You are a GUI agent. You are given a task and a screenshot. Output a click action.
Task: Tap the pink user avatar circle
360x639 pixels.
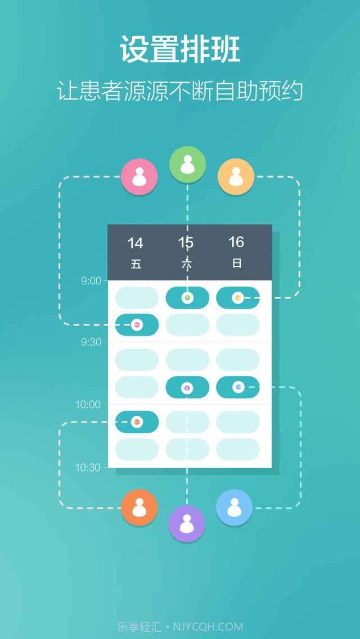(x=139, y=177)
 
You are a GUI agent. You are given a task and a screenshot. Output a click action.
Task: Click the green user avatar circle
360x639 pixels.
(x=187, y=164)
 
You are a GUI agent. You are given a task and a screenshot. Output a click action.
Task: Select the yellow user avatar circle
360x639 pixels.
(x=236, y=177)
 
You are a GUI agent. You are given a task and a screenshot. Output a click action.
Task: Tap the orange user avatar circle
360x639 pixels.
(x=139, y=507)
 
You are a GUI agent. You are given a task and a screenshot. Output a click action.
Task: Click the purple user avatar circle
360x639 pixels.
(x=187, y=524)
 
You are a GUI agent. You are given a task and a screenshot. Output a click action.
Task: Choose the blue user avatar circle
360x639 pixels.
(x=234, y=507)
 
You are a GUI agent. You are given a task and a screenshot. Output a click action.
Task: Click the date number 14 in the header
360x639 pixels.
(x=135, y=243)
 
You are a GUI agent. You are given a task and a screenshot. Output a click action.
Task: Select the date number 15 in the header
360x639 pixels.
(x=186, y=242)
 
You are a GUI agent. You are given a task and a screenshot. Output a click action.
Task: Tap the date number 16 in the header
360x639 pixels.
(x=236, y=242)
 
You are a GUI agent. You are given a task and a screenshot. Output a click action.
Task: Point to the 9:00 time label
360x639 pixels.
(x=91, y=281)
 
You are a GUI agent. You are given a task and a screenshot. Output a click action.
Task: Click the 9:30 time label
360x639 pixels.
(x=91, y=342)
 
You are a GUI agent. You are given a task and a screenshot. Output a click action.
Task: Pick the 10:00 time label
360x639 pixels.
(x=88, y=404)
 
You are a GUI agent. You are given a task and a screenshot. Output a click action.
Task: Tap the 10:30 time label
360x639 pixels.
(x=88, y=467)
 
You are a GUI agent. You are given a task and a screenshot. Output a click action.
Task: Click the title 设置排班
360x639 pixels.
(x=180, y=49)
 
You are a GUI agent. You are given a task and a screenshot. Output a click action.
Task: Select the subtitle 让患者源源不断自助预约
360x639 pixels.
(x=180, y=91)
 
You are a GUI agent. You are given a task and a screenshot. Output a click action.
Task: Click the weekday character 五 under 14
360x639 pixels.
(x=136, y=264)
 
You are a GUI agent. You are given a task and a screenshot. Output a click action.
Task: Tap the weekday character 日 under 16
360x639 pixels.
(x=237, y=263)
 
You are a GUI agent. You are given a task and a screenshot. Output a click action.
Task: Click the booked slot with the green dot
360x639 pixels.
(x=187, y=298)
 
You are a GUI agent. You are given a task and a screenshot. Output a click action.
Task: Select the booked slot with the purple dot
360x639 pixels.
(x=187, y=388)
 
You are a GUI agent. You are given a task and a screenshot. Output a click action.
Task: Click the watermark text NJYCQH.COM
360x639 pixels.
(x=208, y=627)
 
